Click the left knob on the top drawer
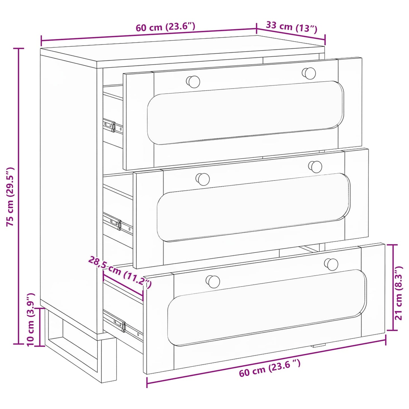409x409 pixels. [x=193, y=82]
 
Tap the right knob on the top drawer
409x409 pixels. [x=309, y=73]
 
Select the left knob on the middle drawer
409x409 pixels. [x=203, y=179]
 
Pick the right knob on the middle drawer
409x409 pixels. [x=315, y=167]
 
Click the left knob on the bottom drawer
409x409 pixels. [x=213, y=282]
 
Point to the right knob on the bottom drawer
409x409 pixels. [x=331, y=264]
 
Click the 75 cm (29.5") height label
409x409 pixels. [x=10, y=196]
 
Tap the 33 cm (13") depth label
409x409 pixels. [x=292, y=27]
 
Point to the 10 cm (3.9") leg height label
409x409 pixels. [x=31, y=320]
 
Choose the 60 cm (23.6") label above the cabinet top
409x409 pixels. [x=165, y=27]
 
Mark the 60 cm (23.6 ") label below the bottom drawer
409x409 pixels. [x=269, y=368]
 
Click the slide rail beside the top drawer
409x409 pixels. [x=113, y=126]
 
